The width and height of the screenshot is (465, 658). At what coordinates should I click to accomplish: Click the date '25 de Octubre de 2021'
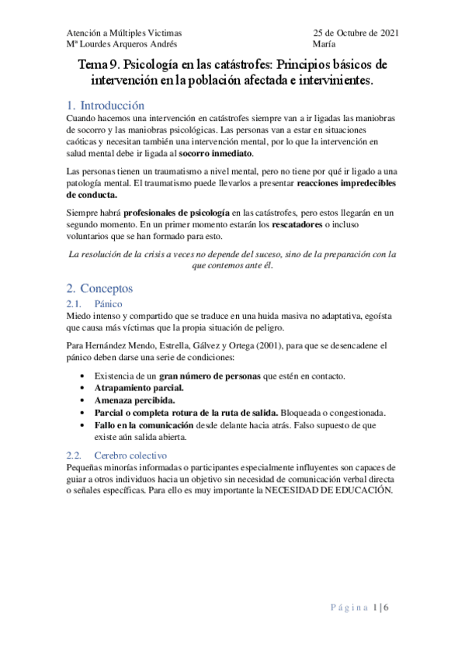click(x=356, y=33)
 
